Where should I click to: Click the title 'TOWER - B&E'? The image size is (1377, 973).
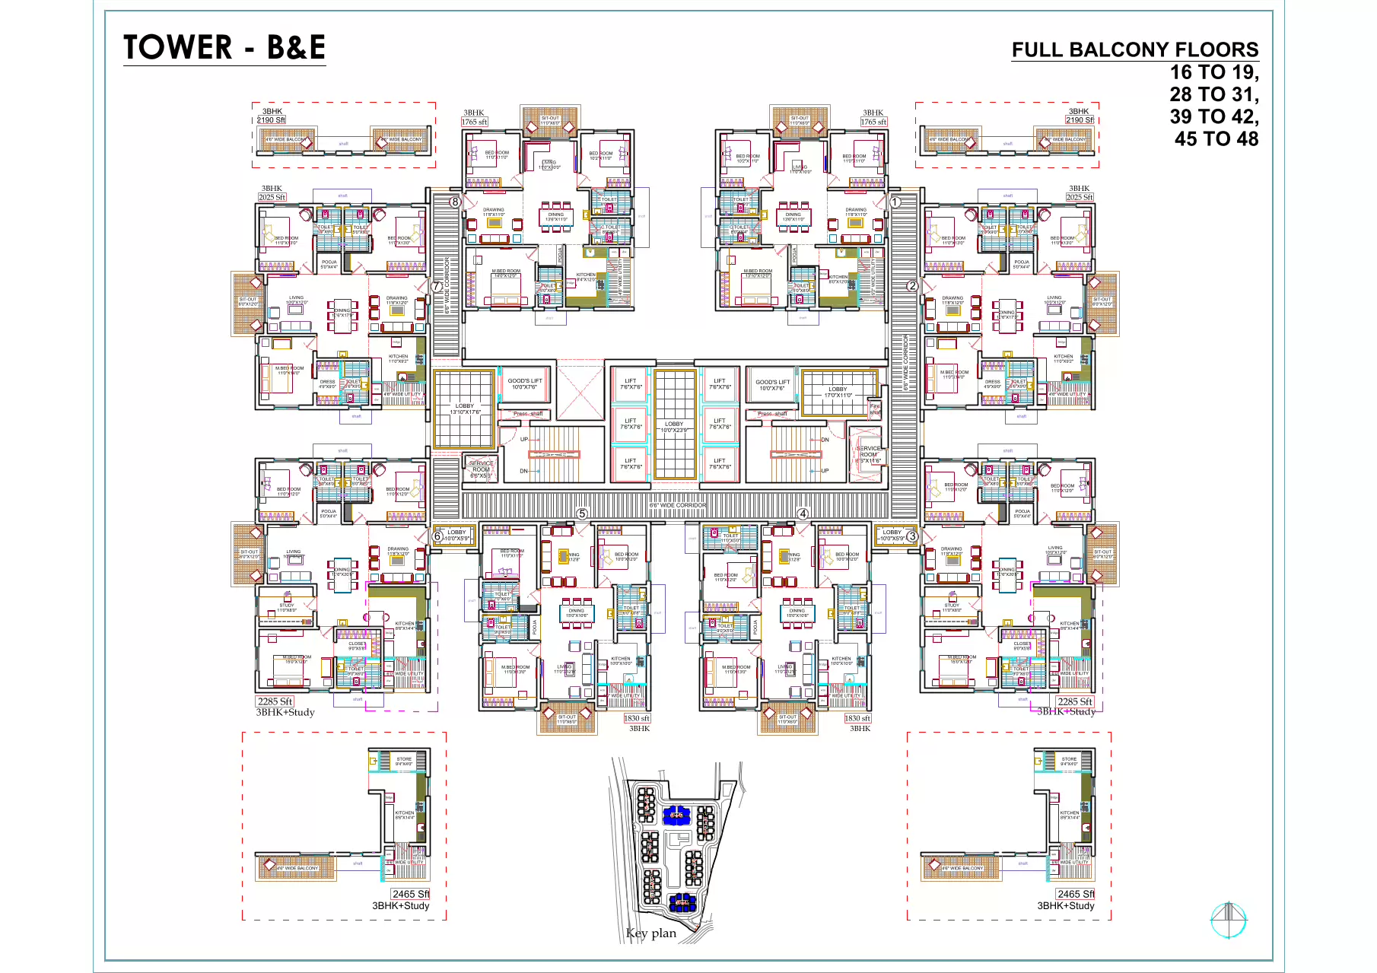pyautogui.click(x=224, y=47)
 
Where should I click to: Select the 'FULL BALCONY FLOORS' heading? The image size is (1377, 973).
pyautogui.click(x=1134, y=50)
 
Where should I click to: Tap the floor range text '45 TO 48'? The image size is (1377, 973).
pyautogui.click(x=1216, y=138)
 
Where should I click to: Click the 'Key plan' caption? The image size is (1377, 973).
pyautogui.click(x=650, y=933)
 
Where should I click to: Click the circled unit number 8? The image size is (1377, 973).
pyautogui.click(x=455, y=202)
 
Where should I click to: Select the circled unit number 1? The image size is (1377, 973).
pyautogui.click(x=895, y=202)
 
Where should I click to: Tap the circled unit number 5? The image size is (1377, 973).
pyautogui.click(x=582, y=514)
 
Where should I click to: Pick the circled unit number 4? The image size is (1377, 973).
pyautogui.click(x=803, y=514)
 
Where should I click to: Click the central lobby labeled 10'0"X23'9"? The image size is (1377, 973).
pyautogui.click(x=674, y=427)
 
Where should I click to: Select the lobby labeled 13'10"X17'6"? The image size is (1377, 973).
pyautogui.click(x=465, y=409)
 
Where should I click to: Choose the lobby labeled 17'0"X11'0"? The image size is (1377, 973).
pyautogui.click(x=838, y=392)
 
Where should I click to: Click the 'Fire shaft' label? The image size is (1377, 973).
pyautogui.click(x=875, y=409)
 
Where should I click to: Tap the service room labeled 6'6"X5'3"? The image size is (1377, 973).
pyautogui.click(x=481, y=469)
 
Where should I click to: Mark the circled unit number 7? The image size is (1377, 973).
pyautogui.click(x=437, y=287)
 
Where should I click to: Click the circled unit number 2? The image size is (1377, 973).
pyautogui.click(x=911, y=286)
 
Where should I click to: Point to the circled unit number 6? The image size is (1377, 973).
pyautogui.click(x=437, y=536)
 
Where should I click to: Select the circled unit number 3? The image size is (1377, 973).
pyautogui.click(x=912, y=536)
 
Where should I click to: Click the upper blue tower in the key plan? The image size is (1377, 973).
pyautogui.click(x=676, y=815)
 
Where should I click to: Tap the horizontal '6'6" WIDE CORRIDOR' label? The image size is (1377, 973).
pyautogui.click(x=677, y=505)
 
